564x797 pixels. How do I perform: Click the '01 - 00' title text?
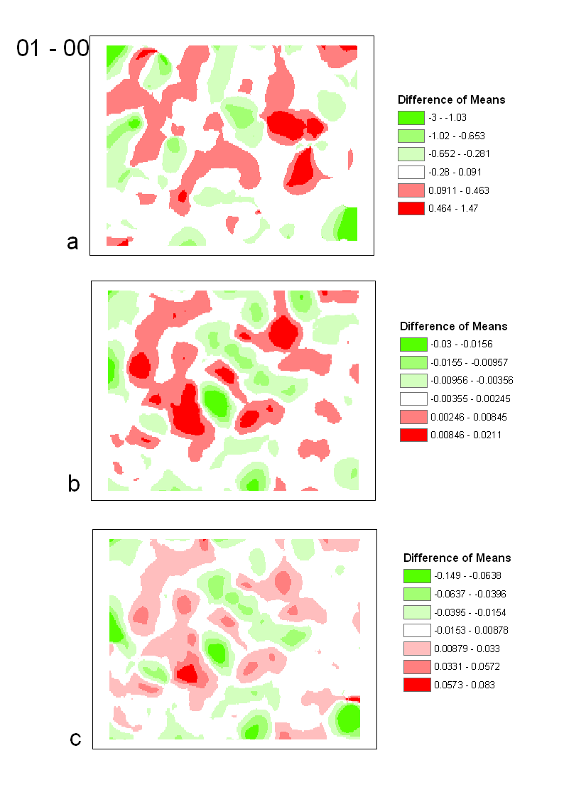tap(53, 49)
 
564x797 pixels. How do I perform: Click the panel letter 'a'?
tap(72, 242)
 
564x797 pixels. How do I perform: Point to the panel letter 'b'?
tap(73, 484)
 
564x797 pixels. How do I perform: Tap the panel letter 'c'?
tap(75, 739)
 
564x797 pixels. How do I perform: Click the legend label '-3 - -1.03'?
tap(447, 118)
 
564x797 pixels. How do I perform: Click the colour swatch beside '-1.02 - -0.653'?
tap(411, 136)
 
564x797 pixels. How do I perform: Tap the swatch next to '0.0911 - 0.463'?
tap(411, 190)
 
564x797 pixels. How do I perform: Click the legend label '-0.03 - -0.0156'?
tap(456, 345)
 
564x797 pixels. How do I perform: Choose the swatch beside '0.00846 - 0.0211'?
tap(413, 435)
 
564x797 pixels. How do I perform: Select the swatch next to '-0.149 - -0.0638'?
tap(416, 576)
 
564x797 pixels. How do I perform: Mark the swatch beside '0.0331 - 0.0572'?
tap(416, 666)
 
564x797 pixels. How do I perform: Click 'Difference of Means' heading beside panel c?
tap(457, 558)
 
